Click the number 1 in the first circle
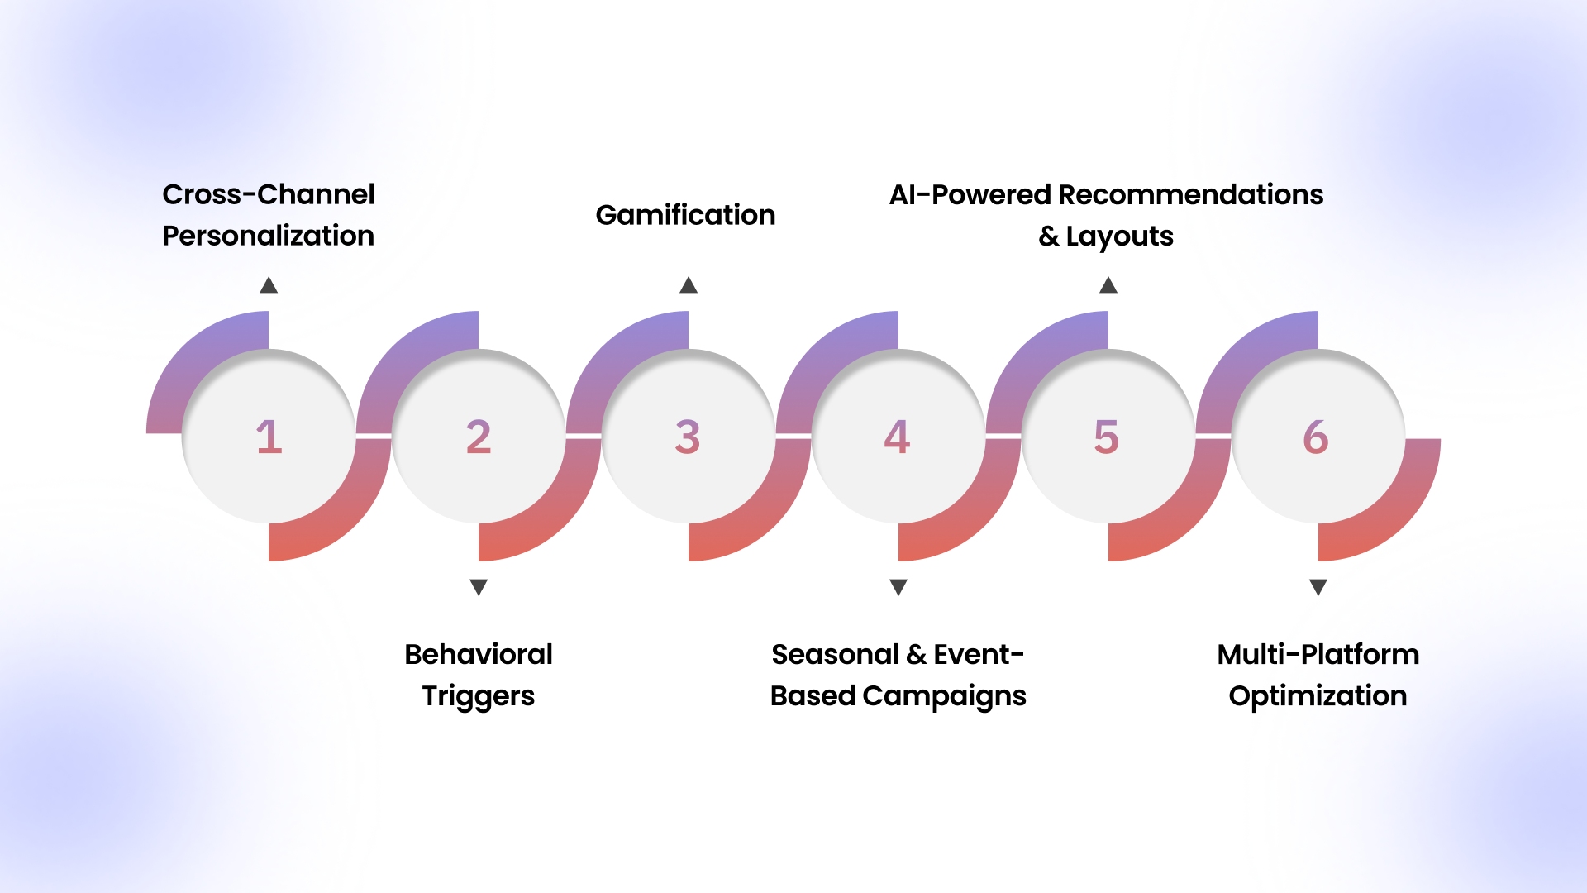pyautogui.click(x=269, y=437)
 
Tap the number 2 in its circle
pyautogui.click(x=479, y=437)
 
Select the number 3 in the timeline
pyautogui.click(x=688, y=437)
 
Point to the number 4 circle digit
pyautogui.click(x=897, y=437)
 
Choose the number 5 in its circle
pyautogui.click(x=1107, y=437)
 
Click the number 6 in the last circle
pyautogui.click(x=1316, y=437)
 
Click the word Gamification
pyautogui.click(x=685, y=215)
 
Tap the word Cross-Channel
pyautogui.click(x=269, y=194)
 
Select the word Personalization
pyautogui.click(x=269, y=236)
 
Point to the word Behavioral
pyautogui.click(x=479, y=654)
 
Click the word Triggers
pyautogui.click(x=479, y=696)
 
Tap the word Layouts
pyautogui.click(x=1119, y=236)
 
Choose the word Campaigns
pyautogui.click(x=944, y=696)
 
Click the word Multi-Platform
pyautogui.click(x=1318, y=654)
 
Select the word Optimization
pyautogui.click(x=1318, y=695)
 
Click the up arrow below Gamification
pyautogui.click(x=689, y=285)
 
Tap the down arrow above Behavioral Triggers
pyautogui.click(x=479, y=587)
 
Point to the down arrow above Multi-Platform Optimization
pyautogui.click(x=1318, y=587)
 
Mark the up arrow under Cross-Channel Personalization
pyautogui.click(x=269, y=285)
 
